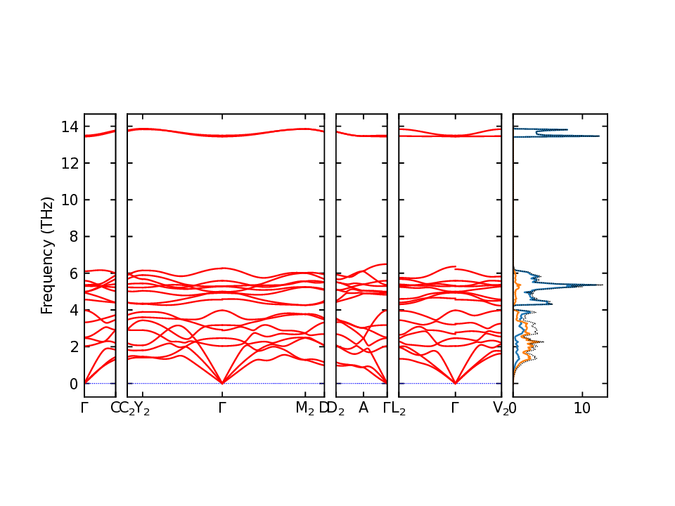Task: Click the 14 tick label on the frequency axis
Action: [69, 127]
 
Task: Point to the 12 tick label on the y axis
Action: [69, 164]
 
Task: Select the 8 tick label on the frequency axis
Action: [72, 237]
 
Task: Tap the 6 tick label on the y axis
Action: [72, 273]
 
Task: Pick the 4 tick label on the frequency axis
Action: [72, 310]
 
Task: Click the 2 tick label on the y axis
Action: [72, 347]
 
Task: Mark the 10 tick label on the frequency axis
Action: [69, 200]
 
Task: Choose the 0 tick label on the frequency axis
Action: [72, 384]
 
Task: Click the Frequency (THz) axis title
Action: [47, 255]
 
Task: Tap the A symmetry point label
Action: [364, 408]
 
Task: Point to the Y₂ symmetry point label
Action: [142, 409]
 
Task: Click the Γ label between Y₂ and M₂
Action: [222, 408]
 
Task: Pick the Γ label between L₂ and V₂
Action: [456, 408]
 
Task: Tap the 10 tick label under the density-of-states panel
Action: [581, 408]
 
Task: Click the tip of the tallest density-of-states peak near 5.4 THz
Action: [603, 285]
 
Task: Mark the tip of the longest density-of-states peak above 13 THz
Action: [599, 136]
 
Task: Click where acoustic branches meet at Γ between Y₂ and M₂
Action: [222, 383]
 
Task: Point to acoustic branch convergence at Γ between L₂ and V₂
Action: [456, 383]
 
